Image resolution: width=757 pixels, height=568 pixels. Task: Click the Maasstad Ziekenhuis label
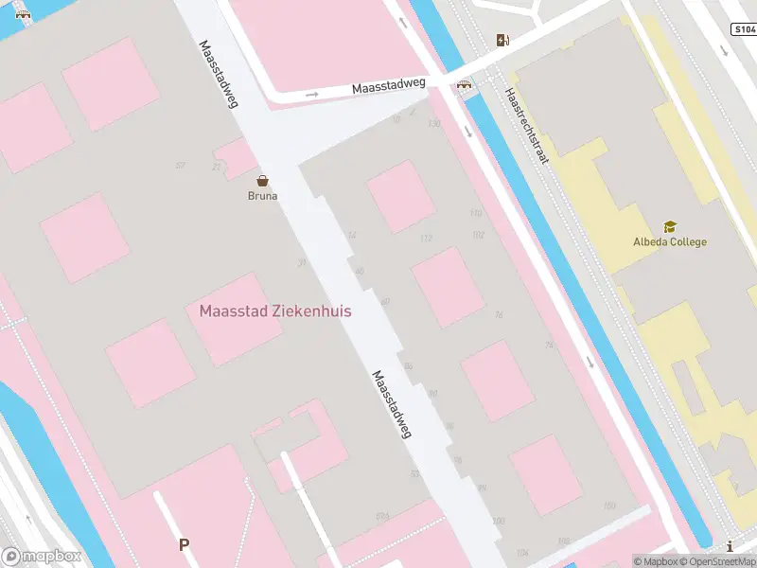point(275,311)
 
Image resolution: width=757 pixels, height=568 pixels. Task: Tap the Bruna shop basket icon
point(262,180)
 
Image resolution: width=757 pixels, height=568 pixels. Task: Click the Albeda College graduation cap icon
point(670,227)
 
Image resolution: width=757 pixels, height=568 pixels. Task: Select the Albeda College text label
point(670,242)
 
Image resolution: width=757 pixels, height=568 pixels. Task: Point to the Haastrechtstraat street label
point(527,127)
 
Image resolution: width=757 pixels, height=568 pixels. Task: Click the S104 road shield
point(744,29)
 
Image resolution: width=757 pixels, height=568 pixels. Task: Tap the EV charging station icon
point(502,40)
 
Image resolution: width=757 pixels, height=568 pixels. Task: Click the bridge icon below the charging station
point(465,84)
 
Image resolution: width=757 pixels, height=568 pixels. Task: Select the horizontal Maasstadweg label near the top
point(388,86)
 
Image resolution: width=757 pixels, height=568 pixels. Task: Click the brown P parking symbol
point(184,544)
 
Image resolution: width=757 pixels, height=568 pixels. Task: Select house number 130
point(434,124)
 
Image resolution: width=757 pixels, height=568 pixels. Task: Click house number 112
point(426,238)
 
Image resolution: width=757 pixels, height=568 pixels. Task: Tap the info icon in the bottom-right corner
point(730,546)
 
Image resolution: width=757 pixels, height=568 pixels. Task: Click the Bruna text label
point(262,197)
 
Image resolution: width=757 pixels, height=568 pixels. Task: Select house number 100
point(499,521)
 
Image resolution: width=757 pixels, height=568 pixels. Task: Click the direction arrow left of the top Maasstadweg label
point(312,95)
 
